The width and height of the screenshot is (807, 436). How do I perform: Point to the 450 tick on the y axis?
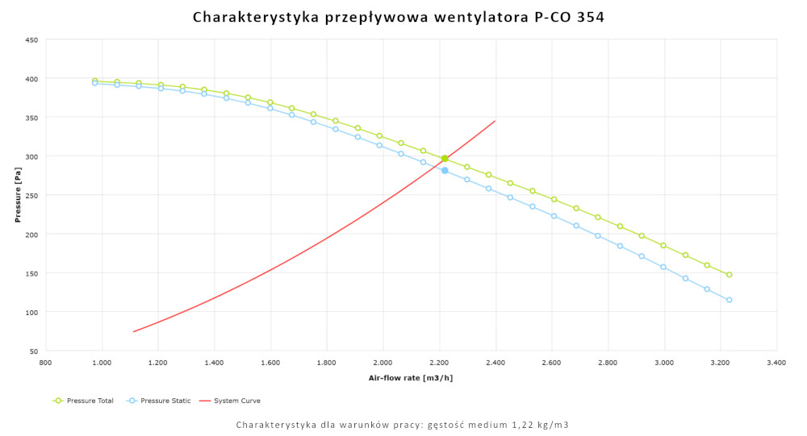[31, 39]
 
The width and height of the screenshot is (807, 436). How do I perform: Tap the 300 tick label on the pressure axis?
[31, 156]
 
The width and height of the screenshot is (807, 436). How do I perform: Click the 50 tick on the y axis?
[33, 351]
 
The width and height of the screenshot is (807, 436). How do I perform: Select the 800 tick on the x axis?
[45, 363]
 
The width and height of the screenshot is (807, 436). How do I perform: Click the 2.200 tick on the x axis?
[439, 363]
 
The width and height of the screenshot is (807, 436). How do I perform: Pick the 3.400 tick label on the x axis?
[776, 363]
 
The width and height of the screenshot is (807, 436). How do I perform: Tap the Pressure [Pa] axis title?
[18, 195]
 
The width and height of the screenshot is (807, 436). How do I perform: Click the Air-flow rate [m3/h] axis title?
[411, 378]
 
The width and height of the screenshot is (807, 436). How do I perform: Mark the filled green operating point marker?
[445, 159]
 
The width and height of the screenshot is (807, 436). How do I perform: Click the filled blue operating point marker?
[445, 170]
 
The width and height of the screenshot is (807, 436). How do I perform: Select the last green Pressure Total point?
[729, 275]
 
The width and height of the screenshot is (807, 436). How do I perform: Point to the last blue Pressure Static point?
[729, 300]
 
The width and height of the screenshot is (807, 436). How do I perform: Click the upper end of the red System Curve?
[495, 121]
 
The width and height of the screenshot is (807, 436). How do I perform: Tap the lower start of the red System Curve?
[134, 331]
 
